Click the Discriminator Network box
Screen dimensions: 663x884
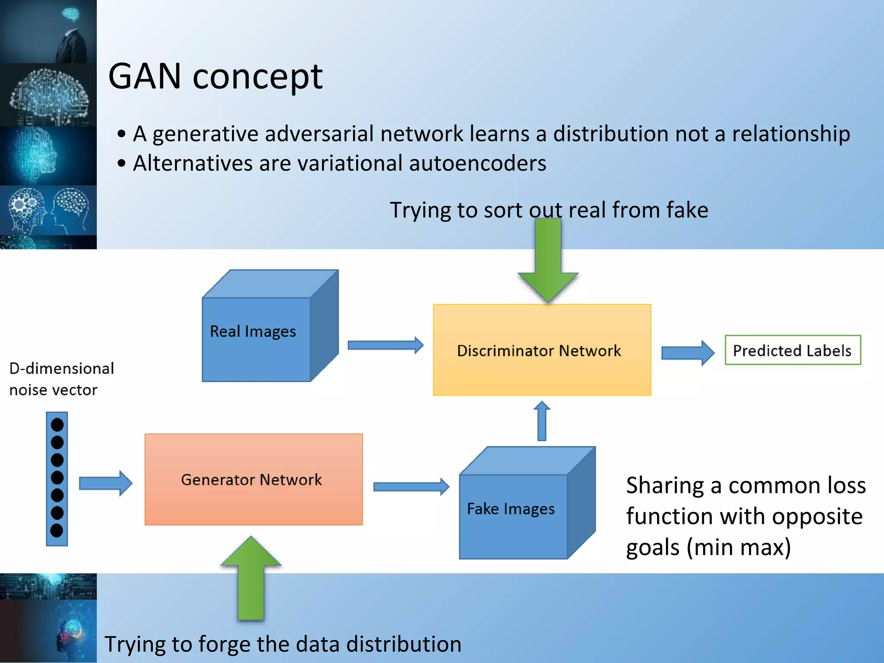[x=542, y=350]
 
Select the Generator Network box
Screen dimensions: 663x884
[x=253, y=479]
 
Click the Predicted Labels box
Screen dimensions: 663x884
[x=792, y=350]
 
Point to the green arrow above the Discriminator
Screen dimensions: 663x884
[x=548, y=259]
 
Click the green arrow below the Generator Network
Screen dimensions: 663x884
[x=251, y=578]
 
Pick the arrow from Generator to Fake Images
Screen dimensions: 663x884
[x=410, y=486]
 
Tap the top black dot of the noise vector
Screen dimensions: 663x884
[x=57, y=425]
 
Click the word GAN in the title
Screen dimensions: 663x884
[x=145, y=76]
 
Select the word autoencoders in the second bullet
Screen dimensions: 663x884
[x=477, y=164]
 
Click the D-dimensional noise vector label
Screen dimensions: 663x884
[x=61, y=379]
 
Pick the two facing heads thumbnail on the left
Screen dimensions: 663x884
[x=48, y=210]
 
